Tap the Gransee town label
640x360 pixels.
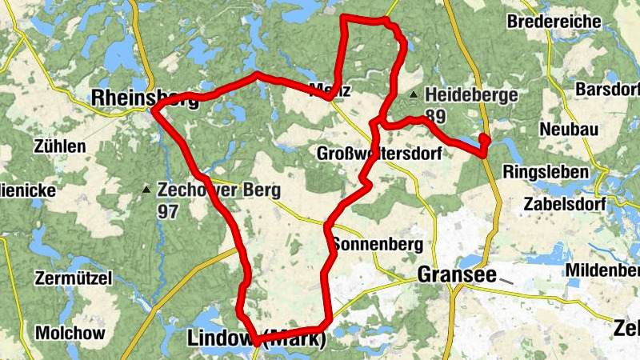pyautogui.click(x=453, y=275)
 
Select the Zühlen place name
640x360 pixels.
pyautogui.click(x=60, y=146)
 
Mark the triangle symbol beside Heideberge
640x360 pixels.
pyautogui.click(x=414, y=95)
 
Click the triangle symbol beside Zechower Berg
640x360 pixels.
pyautogui.click(x=146, y=190)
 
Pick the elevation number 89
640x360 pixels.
pyautogui.click(x=436, y=116)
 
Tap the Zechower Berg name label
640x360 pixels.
pyautogui.click(x=218, y=190)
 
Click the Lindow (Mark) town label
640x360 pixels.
pyautogui.click(x=257, y=338)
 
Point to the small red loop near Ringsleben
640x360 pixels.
pyautogui.click(x=484, y=141)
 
